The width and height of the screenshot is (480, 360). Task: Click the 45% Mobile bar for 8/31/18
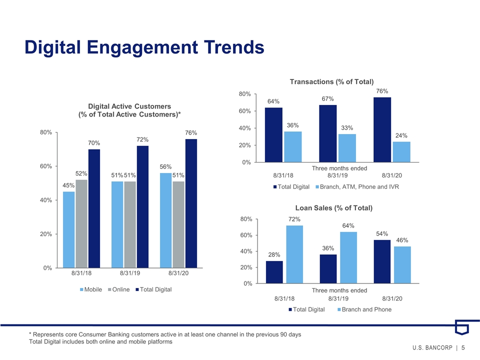(68, 229)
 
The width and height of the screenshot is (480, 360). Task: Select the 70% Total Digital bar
(94, 208)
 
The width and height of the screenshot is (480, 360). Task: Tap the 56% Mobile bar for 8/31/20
(165, 220)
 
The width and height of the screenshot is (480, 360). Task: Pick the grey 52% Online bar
(81, 224)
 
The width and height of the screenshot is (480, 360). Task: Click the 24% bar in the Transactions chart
(401, 152)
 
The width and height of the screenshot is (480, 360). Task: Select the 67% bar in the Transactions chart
(328, 133)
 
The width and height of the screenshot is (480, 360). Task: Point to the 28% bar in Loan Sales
(274, 272)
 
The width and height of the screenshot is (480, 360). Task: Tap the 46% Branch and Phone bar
(402, 265)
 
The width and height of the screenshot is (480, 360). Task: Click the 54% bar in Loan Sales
(382, 261)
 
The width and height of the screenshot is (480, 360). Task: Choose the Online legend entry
(119, 289)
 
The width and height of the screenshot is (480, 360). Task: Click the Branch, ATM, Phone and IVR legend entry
(357, 186)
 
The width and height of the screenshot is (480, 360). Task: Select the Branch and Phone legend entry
(364, 309)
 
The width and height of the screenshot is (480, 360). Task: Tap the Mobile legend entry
(91, 289)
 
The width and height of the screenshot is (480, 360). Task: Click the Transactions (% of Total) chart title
(332, 81)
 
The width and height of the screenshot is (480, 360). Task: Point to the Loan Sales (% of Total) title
(334, 208)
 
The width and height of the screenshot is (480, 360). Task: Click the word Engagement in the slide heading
(142, 47)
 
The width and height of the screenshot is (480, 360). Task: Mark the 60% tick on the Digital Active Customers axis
(46, 166)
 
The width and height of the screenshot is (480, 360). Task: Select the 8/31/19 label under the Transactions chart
(337, 175)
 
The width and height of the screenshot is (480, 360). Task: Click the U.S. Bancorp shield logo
(461, 327)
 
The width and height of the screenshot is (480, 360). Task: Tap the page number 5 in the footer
(463, 347)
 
